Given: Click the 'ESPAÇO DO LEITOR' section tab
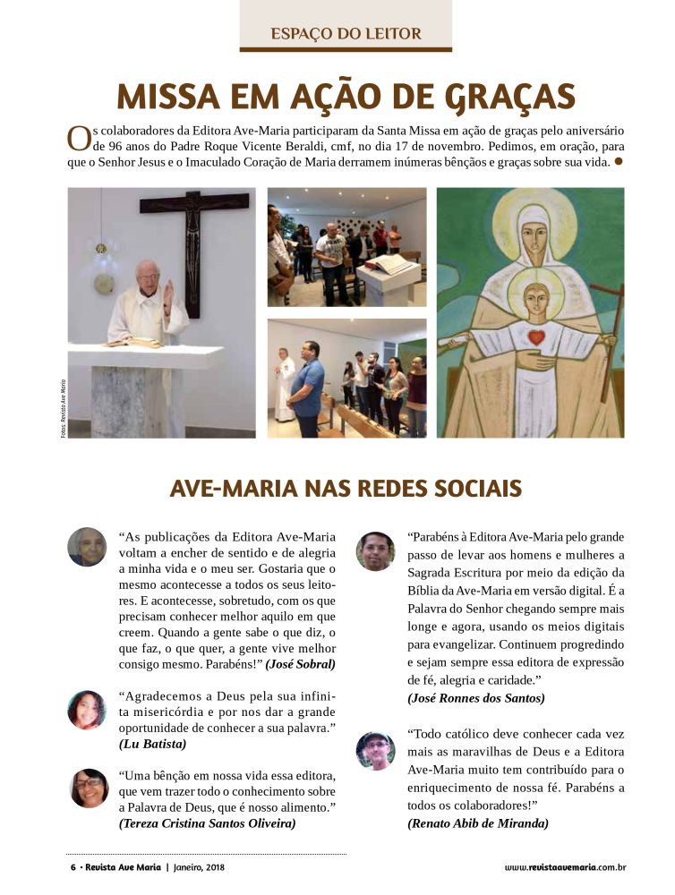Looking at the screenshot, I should point(346,34).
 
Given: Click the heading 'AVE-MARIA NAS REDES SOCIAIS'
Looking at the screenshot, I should point(346,489).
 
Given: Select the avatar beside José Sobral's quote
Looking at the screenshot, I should point(87,546).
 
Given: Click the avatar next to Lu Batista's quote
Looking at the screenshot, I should point(87,709).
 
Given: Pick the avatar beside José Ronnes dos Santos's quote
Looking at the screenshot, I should point(376,550).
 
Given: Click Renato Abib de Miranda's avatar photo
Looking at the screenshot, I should point(375,751).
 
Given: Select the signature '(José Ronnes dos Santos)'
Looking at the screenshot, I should point(475,697).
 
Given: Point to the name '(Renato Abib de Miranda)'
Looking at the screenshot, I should point(478,823).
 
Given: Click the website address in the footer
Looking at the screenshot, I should point(564,867).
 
